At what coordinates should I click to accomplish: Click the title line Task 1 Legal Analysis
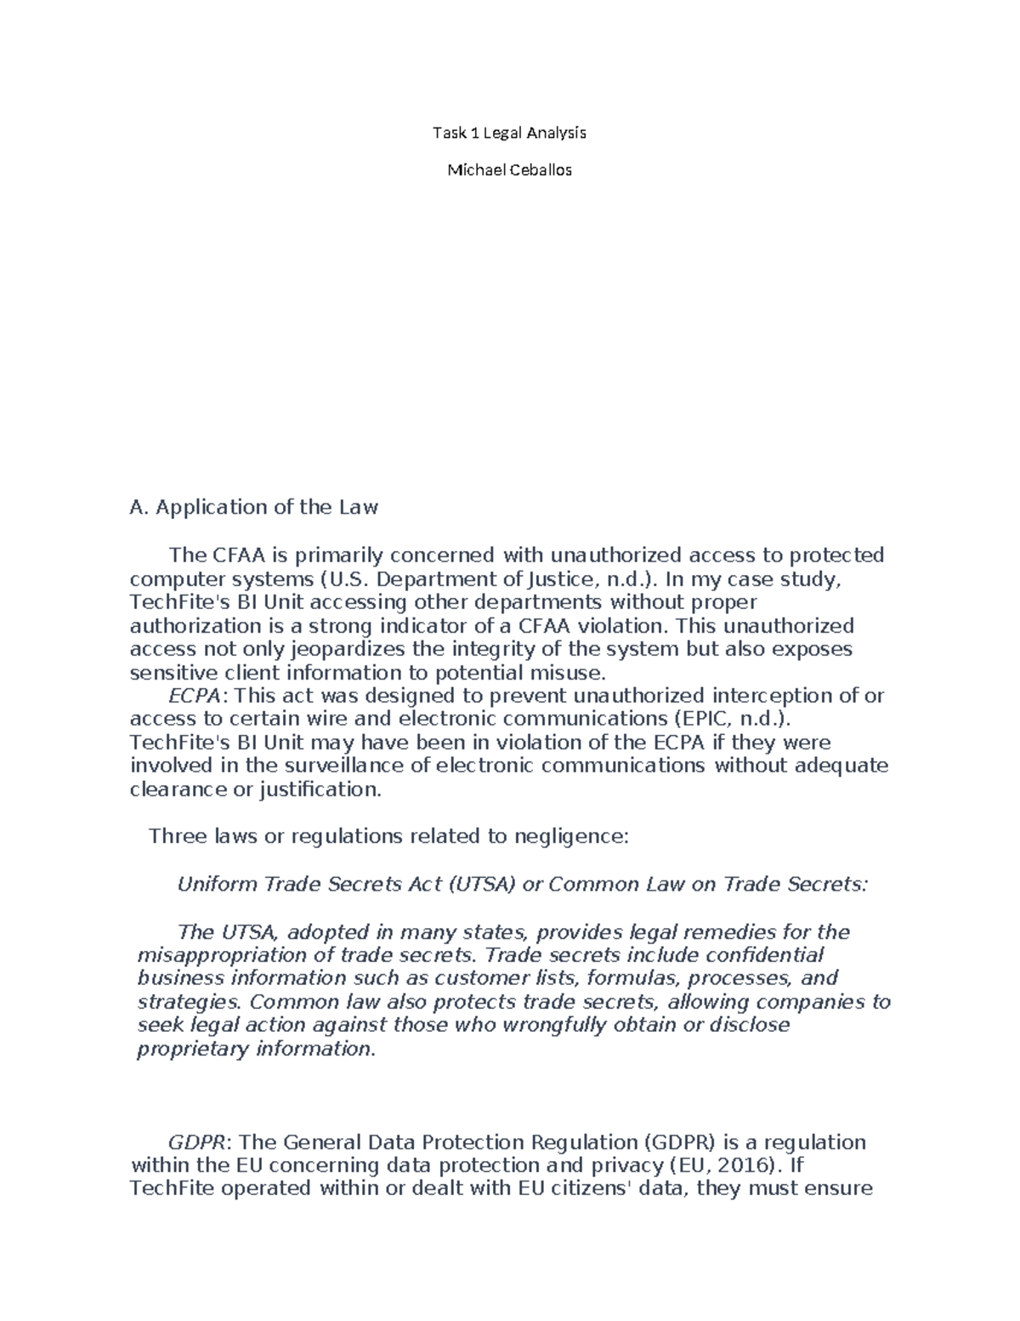(509, 133)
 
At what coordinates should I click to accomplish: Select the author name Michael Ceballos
(509, 170)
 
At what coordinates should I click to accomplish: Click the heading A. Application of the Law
(253, 508)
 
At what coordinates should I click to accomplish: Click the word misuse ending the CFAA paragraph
(570, 674)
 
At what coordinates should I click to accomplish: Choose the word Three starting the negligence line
(178, 836)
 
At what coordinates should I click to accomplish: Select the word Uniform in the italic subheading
(217, 884)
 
